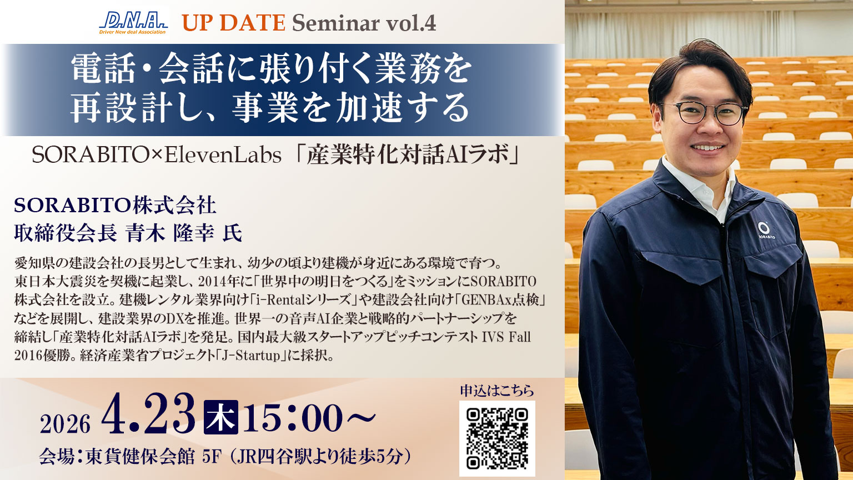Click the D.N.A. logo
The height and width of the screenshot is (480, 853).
[x=133, y=23]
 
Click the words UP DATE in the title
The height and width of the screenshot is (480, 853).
[x=233, y=23]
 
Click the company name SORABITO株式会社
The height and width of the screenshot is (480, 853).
[x=115, y=206]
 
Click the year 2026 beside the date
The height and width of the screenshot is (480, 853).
[x=65, y=425]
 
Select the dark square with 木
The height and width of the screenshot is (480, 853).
[x=221, y=417]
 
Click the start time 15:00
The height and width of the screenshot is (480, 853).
[x=293, y=418]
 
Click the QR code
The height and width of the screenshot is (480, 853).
[x=497, y=439]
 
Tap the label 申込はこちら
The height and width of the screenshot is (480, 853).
[x=497, y=391]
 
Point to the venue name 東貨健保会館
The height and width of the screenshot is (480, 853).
[x=140, y=457]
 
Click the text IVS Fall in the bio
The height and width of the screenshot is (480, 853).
[x=506, y=337]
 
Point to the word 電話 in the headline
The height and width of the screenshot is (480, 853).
[x=104, y=71]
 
